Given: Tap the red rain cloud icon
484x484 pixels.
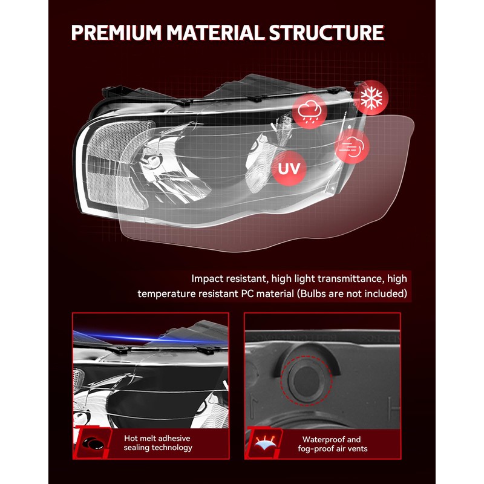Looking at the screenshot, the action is [x=310, y=111].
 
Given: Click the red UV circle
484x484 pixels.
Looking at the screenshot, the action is [x=289, y=168].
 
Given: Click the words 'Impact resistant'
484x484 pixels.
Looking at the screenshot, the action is [x=227, y=279].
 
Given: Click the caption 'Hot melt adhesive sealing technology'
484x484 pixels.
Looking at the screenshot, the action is [x=158, y=443].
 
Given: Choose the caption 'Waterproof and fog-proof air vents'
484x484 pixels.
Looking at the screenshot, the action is [x=332, y=444].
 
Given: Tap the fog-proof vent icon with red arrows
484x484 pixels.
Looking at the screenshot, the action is [x=265, y=443].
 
